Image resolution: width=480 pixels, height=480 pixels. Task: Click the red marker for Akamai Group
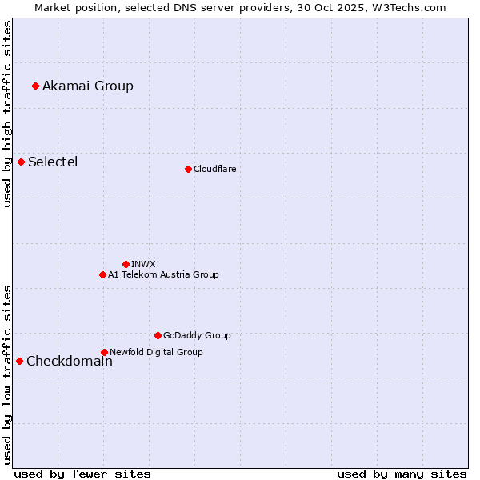35,86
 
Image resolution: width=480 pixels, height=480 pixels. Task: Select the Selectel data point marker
21,162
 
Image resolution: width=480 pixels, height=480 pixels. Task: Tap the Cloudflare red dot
188,169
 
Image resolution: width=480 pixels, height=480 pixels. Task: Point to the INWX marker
126,264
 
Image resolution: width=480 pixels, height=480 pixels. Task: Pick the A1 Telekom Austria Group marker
102,274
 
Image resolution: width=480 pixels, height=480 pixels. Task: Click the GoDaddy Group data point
158,335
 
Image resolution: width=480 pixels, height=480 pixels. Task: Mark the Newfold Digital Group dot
104,352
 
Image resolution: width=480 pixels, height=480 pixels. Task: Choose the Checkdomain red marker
19,361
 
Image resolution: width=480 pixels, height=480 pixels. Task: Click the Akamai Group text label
88,86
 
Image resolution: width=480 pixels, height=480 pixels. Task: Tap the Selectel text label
53,162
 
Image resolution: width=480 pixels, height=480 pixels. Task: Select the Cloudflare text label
214,169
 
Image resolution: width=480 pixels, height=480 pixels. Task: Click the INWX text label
143,264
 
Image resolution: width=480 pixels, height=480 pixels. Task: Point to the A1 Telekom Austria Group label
163,274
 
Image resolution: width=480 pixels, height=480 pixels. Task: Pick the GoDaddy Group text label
197,335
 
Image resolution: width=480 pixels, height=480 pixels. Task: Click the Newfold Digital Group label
156,352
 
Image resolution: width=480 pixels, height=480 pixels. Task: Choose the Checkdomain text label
70,361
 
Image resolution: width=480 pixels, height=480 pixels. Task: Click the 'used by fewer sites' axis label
82,474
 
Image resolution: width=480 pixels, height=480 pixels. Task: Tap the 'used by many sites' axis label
402,474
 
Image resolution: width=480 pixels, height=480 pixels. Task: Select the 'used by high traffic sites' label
7,114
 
